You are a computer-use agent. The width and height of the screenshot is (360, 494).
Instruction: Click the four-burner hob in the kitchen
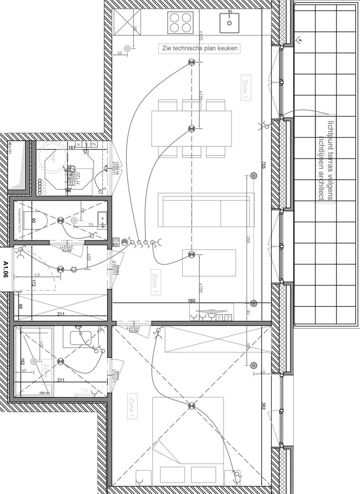180,22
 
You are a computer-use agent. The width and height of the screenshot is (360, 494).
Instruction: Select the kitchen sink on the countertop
229,22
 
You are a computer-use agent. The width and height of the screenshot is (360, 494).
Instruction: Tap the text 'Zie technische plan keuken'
200,49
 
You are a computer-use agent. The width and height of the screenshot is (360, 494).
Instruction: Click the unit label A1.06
6,270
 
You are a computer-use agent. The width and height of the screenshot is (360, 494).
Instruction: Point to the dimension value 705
264,165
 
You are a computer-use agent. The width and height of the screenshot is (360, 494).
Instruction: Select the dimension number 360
192,301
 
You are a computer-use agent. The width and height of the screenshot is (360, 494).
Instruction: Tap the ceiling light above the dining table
191,129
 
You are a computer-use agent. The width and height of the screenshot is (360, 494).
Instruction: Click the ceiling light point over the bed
191,406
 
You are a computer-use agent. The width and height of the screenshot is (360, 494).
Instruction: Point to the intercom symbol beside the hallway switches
117,242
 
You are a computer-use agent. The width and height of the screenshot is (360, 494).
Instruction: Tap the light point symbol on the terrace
300,40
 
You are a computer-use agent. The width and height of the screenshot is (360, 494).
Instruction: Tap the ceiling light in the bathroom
61,361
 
